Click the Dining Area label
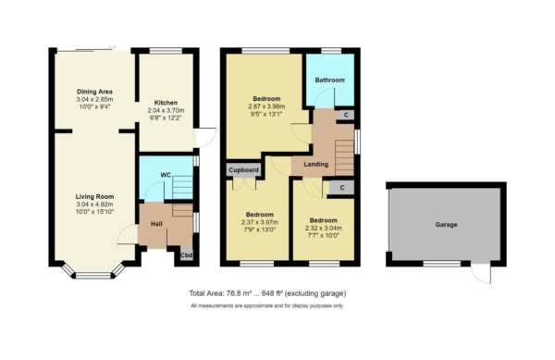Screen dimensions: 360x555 pyautogui.click(x=94, y=91)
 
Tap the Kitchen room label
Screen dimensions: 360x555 pyautogui.click(x=166, y=103)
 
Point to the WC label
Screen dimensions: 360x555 pyautogui.click(x=166, y=174)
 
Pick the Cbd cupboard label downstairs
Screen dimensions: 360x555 pyautogui.click(x=186, y=254)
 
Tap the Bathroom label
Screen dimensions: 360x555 pyautogui.click(x=329, y=81)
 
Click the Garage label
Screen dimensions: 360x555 pyautogui.click(x=447, y=224)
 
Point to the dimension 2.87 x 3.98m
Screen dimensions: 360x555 pyautogui.click(x=267, y=106)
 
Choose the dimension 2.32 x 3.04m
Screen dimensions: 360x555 pyautogui.click(x=323, y=229)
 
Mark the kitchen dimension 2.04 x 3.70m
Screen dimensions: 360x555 pyautogui.click(x=166, y=111)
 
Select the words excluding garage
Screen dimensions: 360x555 pyautogui.click(x=325, y=293)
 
